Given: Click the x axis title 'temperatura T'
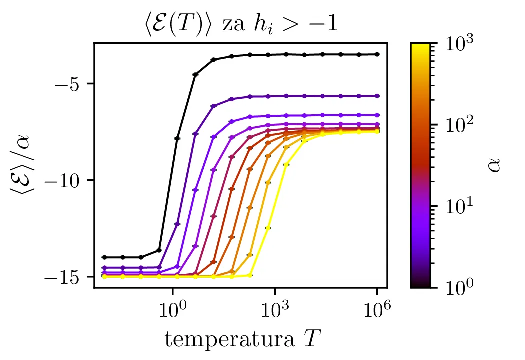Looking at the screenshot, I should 240,339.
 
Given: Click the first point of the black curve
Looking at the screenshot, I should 104,257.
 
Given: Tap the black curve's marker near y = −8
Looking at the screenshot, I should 177,138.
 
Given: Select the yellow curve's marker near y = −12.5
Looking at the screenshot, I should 268,228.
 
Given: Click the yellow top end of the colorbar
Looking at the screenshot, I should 421,46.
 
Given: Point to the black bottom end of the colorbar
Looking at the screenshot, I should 421,285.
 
